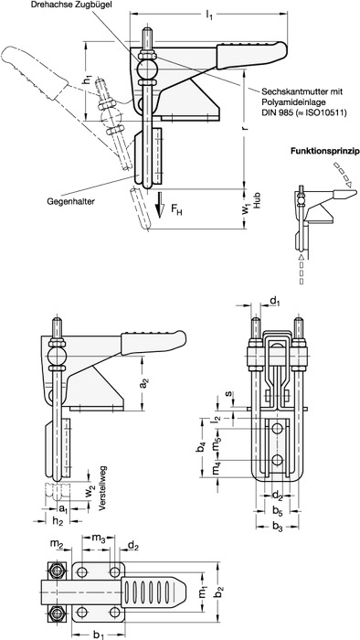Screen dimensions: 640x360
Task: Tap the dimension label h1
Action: [x=87, y=80]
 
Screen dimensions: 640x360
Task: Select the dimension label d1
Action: [x=274, y=298]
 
